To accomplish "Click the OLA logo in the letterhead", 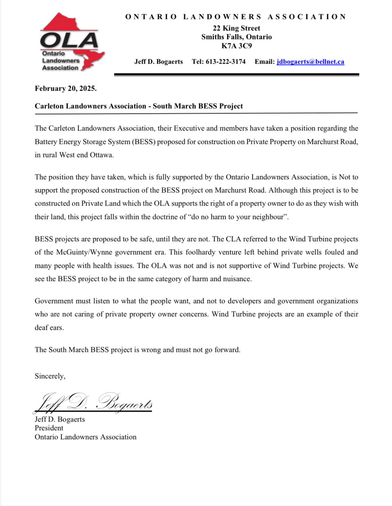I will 71,42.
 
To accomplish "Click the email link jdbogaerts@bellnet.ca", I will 310,62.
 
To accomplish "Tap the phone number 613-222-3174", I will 225,62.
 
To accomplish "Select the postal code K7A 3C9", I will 237,46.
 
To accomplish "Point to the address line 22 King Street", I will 237,28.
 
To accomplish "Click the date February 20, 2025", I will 65,88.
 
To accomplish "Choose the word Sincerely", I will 50,376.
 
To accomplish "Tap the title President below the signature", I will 49,428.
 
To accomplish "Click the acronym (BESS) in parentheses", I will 143,142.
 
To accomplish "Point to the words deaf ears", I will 49,327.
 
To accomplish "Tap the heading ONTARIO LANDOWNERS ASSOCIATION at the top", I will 236,17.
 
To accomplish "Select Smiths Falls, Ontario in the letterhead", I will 237,37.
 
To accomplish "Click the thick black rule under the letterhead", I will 237,74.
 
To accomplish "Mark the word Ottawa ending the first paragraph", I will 101,155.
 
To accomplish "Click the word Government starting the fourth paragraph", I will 54,301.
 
